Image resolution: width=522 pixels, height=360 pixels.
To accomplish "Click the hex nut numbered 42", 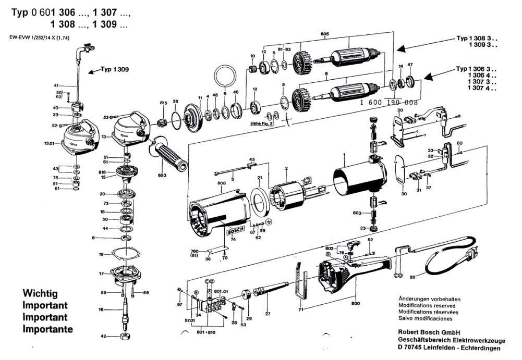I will [x=125, y=336].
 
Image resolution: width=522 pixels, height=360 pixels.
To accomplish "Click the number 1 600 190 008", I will [x=389, y=103].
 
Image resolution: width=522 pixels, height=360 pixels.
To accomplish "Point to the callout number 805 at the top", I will [x=325, y=35].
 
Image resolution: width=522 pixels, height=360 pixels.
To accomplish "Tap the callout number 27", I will [x=268, y=314].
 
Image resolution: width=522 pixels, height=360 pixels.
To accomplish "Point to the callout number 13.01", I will [x=50, y=142].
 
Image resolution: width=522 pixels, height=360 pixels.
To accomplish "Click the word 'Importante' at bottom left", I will [x=48, y=329].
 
